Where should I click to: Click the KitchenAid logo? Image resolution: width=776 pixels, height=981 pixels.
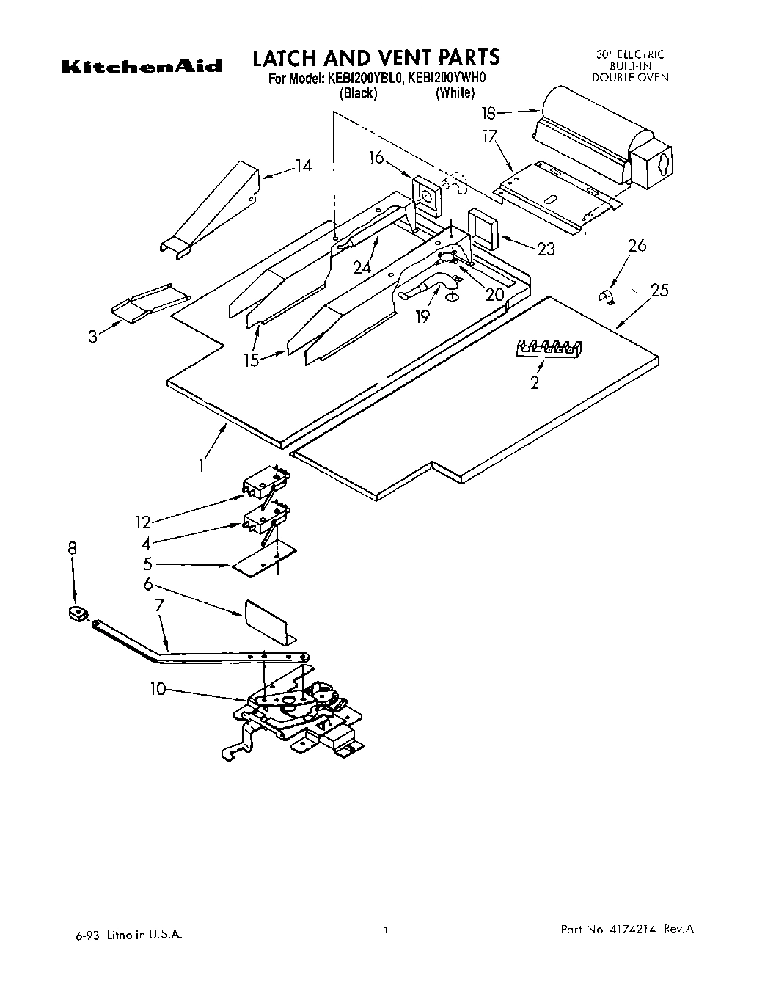point(140,67)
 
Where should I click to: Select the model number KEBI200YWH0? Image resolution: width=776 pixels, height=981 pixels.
point(447,79)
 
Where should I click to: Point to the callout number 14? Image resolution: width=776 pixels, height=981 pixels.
point(303,166)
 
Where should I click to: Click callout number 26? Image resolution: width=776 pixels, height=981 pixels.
point(637,246)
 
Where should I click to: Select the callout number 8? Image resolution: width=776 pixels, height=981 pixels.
point(72,548)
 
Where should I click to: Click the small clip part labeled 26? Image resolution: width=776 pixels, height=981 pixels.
point(606,296)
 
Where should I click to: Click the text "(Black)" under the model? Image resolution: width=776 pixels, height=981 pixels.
point(358,93)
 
